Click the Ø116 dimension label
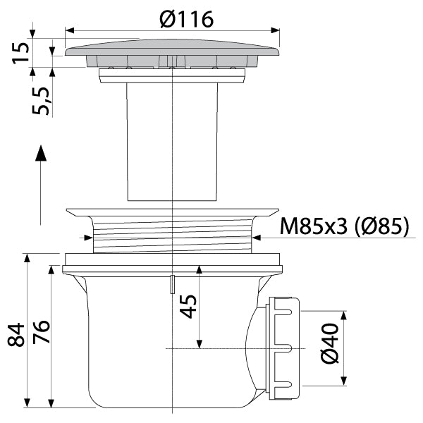[186, 20]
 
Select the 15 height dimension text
[20, 53]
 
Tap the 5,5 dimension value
[40, 101]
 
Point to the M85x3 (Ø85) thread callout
[345, 226]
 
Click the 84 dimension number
[16, 334]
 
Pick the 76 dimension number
[42, 332]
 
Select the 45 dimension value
[188, 307]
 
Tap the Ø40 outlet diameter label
[330, 343]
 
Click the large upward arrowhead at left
[41, 153]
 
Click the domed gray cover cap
[172, 47]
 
